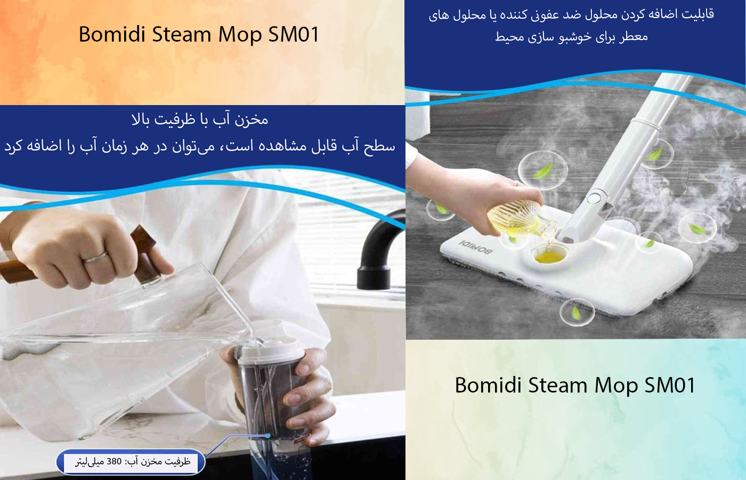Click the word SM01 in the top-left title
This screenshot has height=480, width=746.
coord(294,34)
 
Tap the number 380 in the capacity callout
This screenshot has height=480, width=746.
coord(114,461)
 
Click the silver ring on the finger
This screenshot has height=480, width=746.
coord(95,257)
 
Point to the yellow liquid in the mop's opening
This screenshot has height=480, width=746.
coord(549,257)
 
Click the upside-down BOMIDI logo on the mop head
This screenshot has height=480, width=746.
coord(476,246)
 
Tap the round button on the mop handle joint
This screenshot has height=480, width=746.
coord(594,198)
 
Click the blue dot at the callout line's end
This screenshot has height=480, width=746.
coord(267,436)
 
